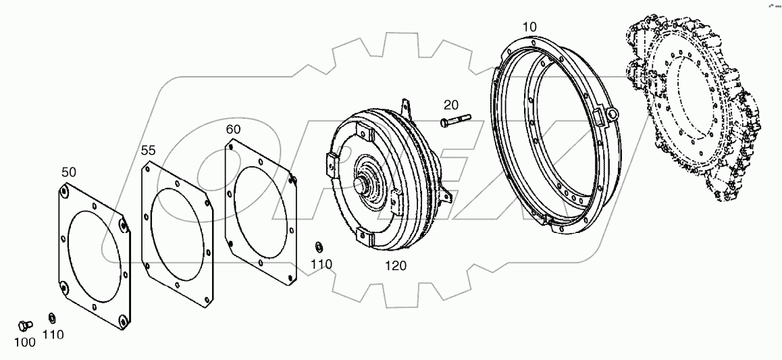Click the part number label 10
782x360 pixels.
[x=529, y=26]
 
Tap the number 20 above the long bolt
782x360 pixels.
[x=451, y=105]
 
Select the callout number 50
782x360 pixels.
[x=69, y=172]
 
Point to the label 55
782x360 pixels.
[x=149, y=151]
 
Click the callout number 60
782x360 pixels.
[x=233, y=129]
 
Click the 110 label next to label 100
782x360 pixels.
[x=53, y=334]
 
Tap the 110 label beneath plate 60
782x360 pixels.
[x=322, y=264]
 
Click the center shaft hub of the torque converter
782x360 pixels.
[x=369, y=183]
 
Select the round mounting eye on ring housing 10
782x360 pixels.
[x=612, y=114]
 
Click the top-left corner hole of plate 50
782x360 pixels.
[x=63, y=194]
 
